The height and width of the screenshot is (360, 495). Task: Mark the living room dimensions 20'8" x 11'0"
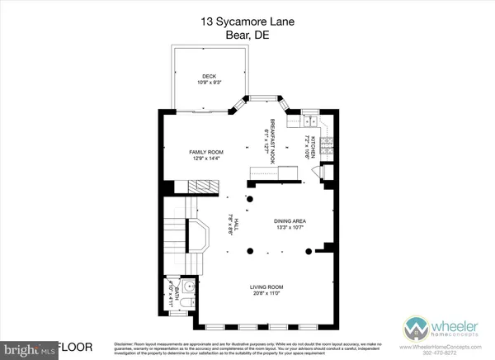click(266, 294)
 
